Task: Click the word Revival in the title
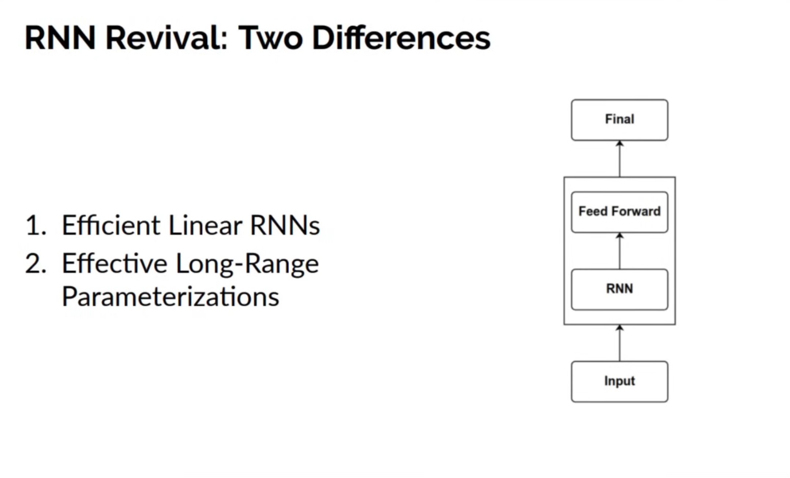point(167,38)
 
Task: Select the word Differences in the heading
point(401,38)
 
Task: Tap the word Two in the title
point(270,38)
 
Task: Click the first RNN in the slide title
point(60,38)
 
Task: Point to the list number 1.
point(35,225)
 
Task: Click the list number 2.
point(35,263)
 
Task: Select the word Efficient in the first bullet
point(111,225)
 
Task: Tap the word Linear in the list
point(205,225)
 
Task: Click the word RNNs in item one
point(285,225)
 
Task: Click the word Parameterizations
point(171,297)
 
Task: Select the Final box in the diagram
point(619,120)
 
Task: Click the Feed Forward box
point(619,212)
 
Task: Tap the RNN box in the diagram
point(619,289)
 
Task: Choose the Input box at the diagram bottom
point(619,382)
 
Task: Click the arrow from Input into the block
point(619,343)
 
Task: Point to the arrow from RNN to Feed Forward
point(619,251)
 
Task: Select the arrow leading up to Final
point(619,159)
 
